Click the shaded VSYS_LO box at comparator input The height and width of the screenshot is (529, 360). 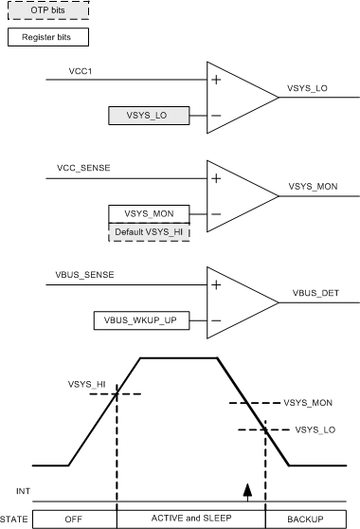150,118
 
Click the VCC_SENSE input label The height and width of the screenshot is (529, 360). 84,168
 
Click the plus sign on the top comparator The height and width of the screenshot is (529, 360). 217,80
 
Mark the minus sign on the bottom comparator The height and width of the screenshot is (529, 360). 217,320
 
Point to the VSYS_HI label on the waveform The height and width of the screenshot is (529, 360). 86,384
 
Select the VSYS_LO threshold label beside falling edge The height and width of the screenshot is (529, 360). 315,429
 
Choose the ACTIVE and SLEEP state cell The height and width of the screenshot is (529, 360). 190,519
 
